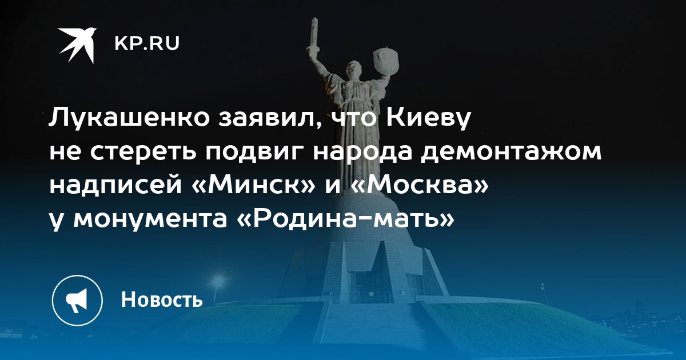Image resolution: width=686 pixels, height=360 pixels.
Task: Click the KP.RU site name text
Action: coord(147,44)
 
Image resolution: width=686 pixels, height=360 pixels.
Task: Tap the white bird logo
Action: coord(78,45)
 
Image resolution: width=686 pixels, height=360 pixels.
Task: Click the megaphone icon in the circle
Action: coord(77,301)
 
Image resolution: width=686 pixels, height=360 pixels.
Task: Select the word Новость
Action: coord(162,299)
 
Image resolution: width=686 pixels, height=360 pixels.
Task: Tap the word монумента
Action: coord(150,219)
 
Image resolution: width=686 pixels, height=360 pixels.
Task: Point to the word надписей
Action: coord(115,186)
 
